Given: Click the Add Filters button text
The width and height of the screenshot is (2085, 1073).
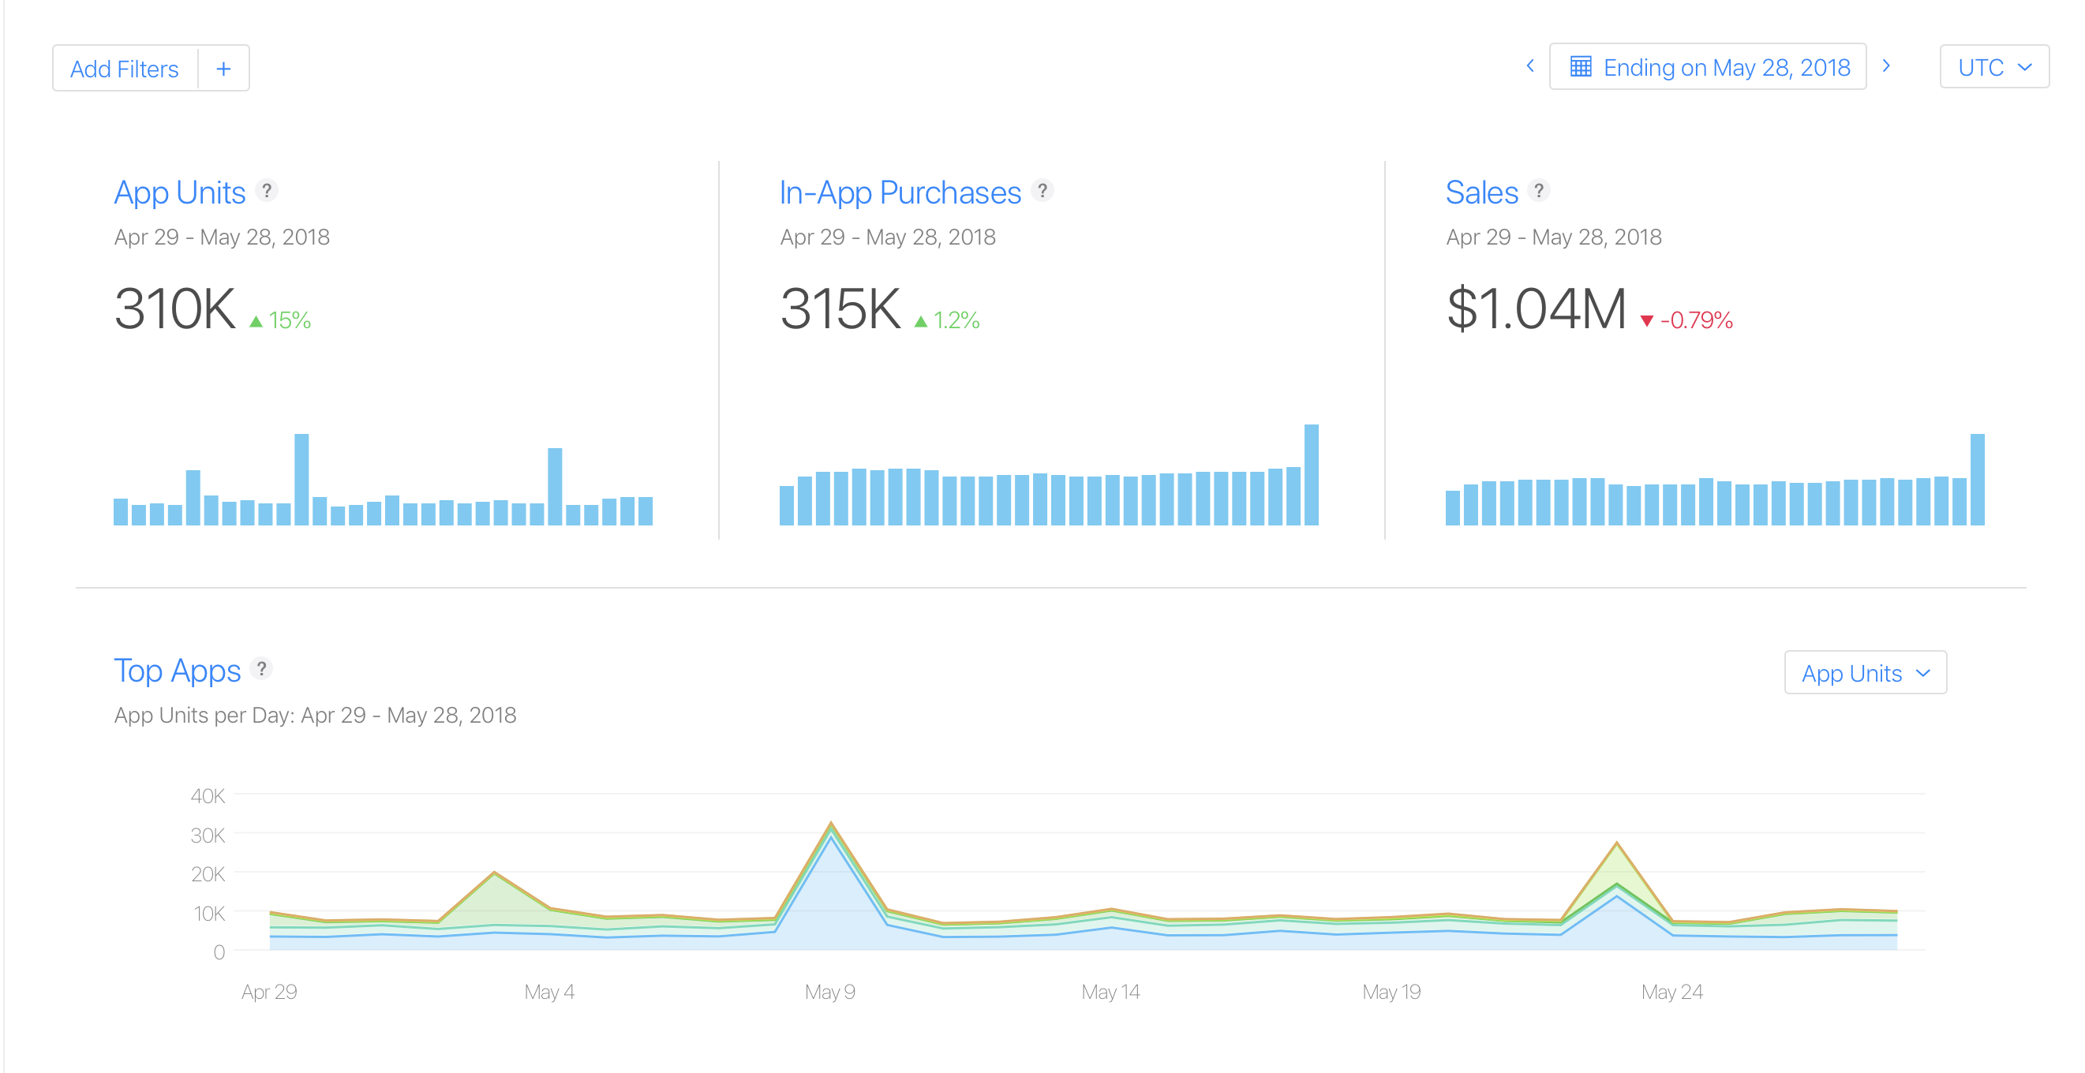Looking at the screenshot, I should point(124,69).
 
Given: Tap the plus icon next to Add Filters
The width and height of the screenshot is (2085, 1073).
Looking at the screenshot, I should point(223,69).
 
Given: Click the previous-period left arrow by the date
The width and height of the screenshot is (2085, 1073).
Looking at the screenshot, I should point(1529,66).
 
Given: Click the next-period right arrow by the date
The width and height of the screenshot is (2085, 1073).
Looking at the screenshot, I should point(1886,66).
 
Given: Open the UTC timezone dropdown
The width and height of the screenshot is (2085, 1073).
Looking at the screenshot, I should point(1993,67).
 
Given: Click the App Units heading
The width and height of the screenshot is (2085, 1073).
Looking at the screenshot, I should point(180,193).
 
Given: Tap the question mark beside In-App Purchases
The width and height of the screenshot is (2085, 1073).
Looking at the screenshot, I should point(1042,191).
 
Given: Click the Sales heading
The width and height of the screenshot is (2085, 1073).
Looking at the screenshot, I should point(1481,193).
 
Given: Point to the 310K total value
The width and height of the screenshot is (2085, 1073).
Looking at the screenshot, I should point(175,309).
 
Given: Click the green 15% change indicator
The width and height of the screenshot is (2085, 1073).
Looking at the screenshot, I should point(281,320).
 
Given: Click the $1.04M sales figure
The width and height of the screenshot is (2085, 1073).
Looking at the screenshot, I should point(1536,309).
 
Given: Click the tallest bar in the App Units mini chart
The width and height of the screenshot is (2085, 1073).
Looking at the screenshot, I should point(301,479).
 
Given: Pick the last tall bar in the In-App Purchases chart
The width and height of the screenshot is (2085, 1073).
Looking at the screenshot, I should point(1312,475).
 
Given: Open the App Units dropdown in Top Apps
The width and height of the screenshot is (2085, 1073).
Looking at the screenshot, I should point(1865,673).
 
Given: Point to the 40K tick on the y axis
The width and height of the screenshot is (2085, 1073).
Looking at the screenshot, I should point(208,796).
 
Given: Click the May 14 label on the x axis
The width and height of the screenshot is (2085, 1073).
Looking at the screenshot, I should point(1110,992).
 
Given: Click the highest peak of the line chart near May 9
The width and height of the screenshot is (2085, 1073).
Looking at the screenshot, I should point(831,824).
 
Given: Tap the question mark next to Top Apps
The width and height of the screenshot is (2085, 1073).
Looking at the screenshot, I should point(261,669).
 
